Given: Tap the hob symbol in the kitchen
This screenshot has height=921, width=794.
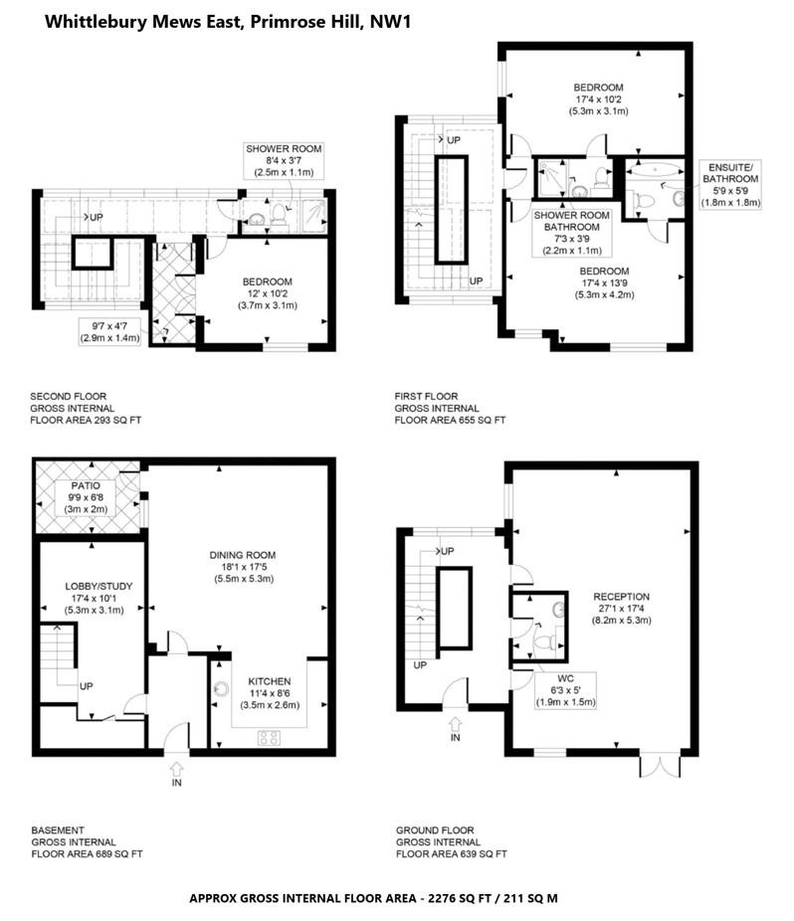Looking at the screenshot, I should (269, 737).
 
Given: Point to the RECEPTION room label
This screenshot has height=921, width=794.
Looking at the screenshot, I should (620, 582).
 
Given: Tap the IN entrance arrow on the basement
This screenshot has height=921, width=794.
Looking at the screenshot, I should (177, 768).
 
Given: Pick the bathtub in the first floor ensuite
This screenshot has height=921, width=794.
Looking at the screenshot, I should (656, 170).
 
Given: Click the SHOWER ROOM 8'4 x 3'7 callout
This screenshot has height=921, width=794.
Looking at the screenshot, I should (285, 160).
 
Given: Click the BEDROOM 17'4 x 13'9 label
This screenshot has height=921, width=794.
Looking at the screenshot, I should (604, 283).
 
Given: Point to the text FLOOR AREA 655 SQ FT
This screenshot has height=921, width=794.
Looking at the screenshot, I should (450, 421).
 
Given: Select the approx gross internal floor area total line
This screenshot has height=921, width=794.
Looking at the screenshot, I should (373, 898).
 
